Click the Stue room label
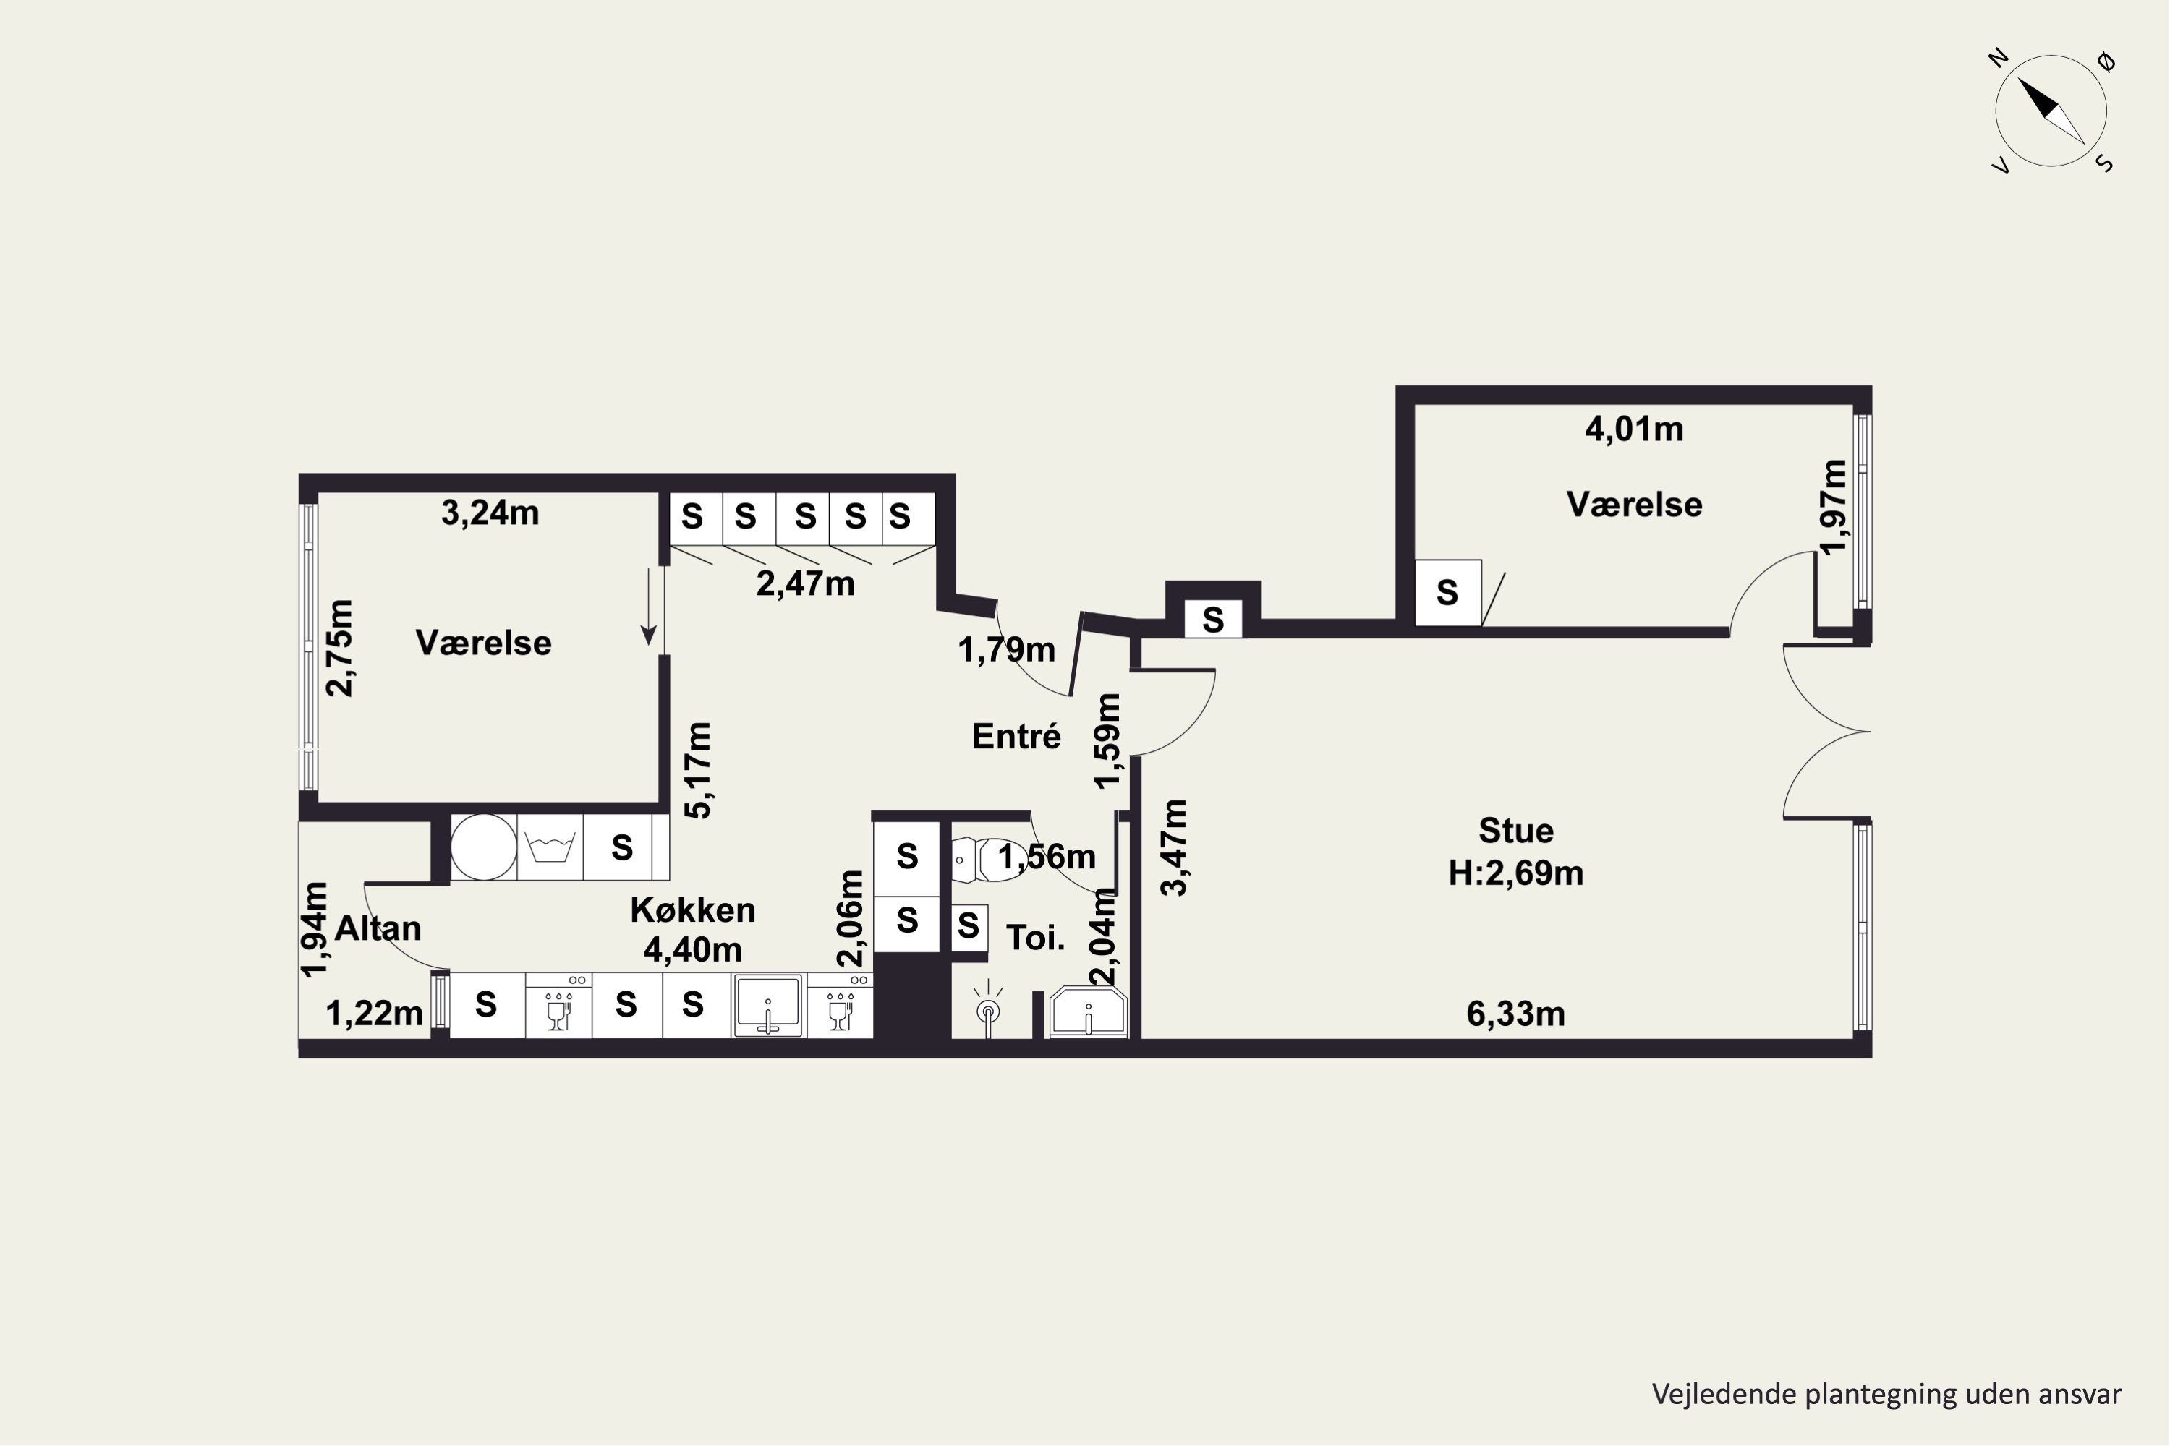[1516, 831]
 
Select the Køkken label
[693, 910]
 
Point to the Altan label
[378, 928]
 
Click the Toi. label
[1035, 938]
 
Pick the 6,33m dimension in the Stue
[1516, 1014]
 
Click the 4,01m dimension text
[1634, 429]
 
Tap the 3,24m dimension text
[490, 513]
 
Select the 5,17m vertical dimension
[699, 770]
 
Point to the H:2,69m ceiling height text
[1516, 873]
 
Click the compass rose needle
[2051, 111]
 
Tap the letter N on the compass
[1999, 59]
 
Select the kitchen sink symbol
[767, 1005]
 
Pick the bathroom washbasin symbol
[1089, 1013]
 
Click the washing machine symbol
[550, 847]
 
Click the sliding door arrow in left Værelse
[649, 607]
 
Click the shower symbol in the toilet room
[988, 1009]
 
